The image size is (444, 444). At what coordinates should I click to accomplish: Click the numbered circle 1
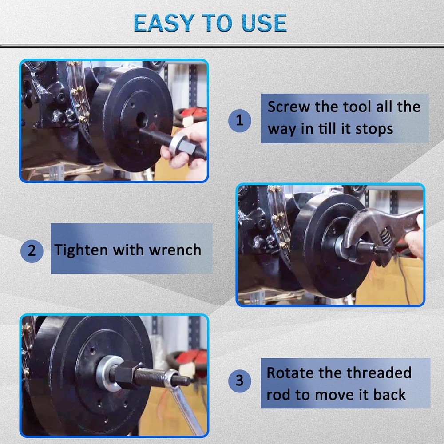[240, 120]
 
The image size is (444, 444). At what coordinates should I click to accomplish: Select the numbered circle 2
[32, 250]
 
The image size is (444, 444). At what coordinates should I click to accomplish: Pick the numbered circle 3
[240, 381]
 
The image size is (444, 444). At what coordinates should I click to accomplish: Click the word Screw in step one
[289, 107]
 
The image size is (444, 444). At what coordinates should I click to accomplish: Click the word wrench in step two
[175, 250]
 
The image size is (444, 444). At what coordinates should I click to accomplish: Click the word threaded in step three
[379, 373]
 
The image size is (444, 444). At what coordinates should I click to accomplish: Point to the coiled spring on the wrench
[385, 242]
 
